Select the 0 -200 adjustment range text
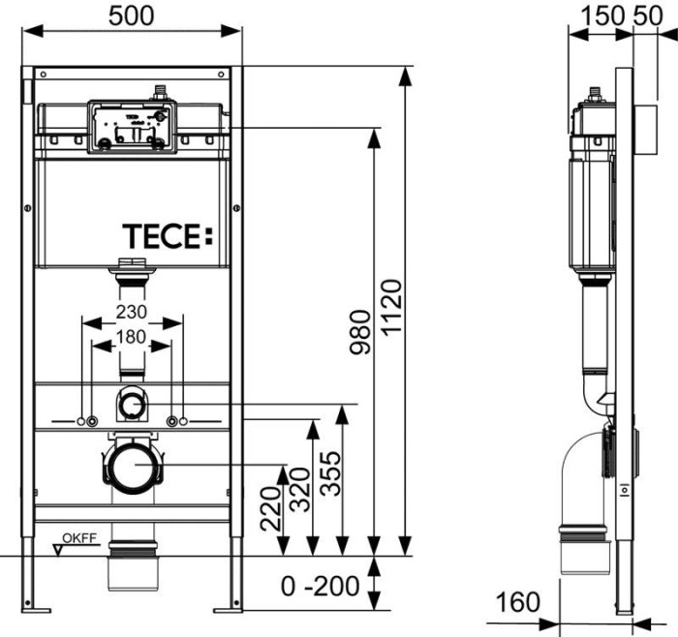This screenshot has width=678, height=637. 320,586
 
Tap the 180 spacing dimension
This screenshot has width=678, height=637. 132,337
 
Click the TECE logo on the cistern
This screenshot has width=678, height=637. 166,235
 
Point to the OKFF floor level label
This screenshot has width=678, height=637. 79,538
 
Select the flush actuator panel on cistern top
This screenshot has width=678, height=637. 132,126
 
